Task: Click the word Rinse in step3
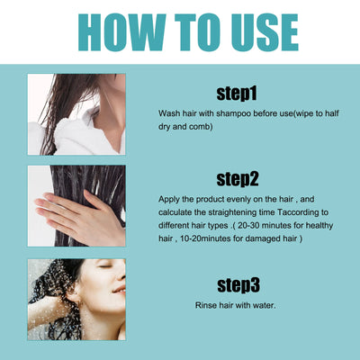coord(208,305)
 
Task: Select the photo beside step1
coord(76,112)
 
